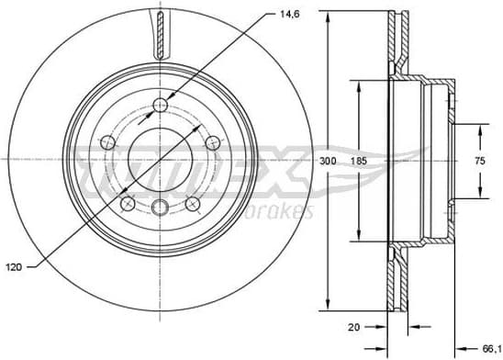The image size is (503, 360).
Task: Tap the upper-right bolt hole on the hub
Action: [x=214, y=141]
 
